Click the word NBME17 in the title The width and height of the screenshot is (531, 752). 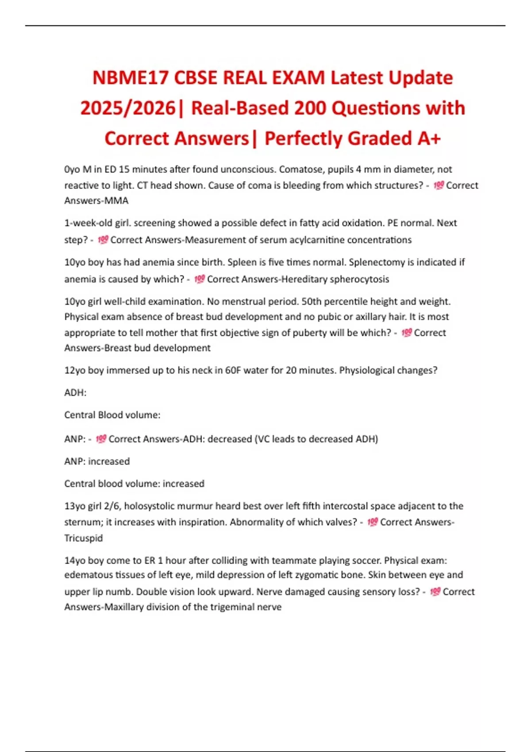(x=130, y=78)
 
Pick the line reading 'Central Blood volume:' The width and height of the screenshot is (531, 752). (x=112, y=415)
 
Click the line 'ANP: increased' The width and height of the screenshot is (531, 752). (x=97, y=461)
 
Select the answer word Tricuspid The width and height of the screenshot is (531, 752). (x=84, y=538)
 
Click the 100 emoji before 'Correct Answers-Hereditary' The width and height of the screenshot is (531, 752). (x=200, y=279)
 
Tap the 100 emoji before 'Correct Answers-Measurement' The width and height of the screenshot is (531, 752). (x=103, y=240)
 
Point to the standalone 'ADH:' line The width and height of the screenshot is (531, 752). (x=75, y=393)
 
